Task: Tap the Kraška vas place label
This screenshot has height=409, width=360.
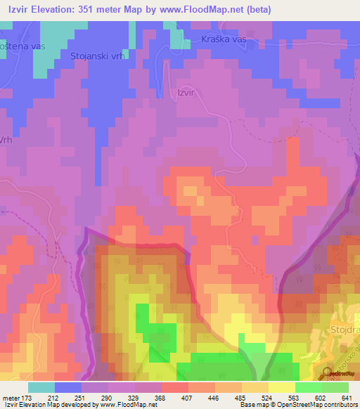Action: [x=224, y=40]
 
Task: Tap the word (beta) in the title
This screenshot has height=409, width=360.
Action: [x=257, y=11]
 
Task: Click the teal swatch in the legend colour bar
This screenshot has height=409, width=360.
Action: [x=41, y=387]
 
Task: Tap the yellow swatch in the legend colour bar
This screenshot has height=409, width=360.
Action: [x=281, y=387]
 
